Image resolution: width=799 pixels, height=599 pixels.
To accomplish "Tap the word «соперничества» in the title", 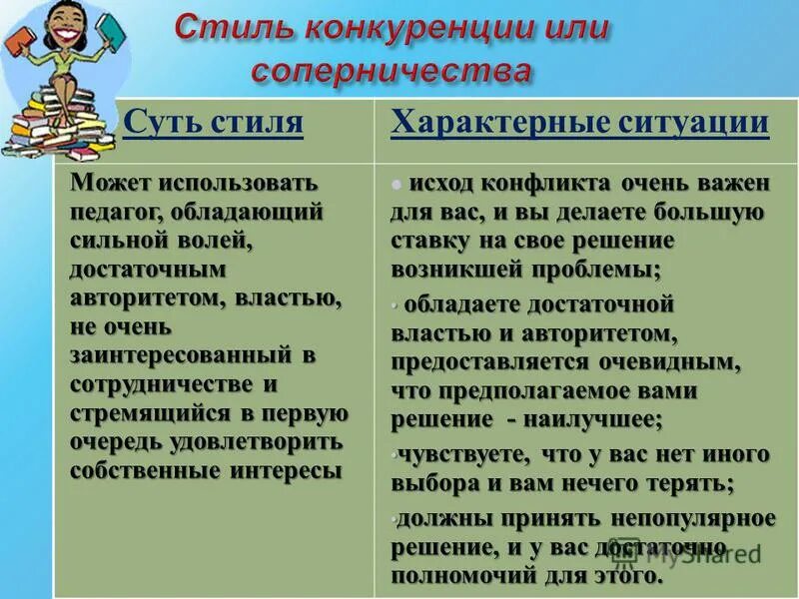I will (x=391, y=71).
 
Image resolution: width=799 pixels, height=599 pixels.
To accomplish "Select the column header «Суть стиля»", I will (x=213, y=123).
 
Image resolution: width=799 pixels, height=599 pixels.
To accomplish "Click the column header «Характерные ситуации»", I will (x=579, y=123).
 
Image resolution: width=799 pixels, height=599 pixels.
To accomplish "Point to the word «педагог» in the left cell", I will (x=117, y=213).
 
